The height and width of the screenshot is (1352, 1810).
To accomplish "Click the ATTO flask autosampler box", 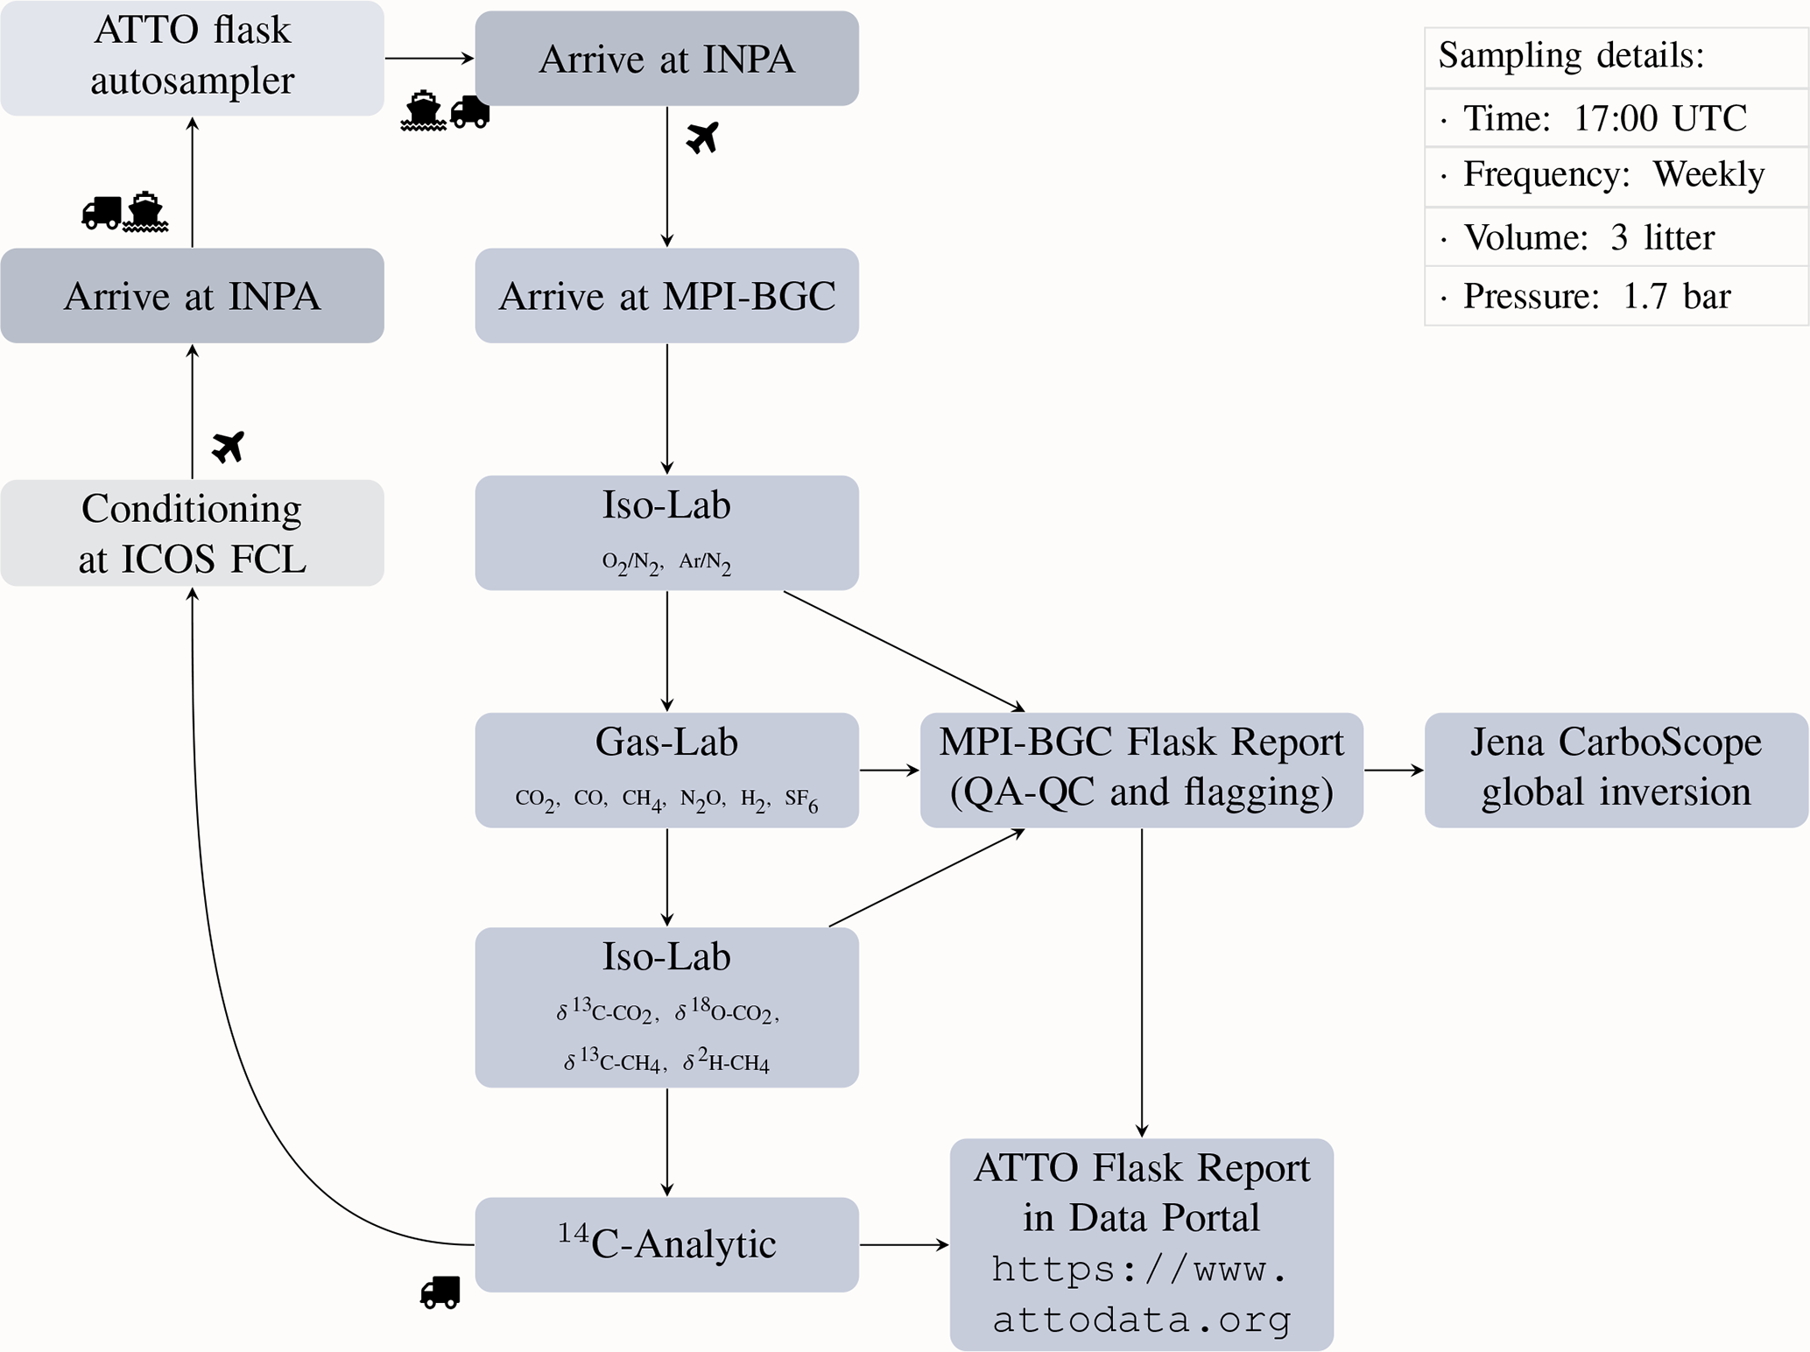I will tap(192, 58).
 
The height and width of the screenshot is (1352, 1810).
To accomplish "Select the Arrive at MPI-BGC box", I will tap(666, 296).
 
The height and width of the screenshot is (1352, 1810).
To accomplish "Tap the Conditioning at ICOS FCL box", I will tap(192, 533).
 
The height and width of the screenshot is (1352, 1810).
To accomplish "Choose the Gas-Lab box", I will tap(666, 770).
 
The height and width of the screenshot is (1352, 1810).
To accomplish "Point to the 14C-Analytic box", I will tap(666, 1244).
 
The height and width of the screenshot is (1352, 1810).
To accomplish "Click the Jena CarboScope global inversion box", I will tap(1616, 770).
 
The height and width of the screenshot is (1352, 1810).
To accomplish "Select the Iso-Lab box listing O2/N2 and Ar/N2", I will tap(666, 532).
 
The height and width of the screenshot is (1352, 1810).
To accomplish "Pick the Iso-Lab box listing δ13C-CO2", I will tap(666, 1007).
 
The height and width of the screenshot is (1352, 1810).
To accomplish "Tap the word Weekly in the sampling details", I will tap(1708, 174).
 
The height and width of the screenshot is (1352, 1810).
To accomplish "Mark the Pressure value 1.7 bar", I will tap(1676, 297).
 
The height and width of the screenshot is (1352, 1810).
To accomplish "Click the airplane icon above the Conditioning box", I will tap(229, 447).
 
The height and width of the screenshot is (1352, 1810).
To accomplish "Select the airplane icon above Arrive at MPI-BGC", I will tap(702, 137).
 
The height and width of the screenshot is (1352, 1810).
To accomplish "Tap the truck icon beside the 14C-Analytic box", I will tap(440, 1292).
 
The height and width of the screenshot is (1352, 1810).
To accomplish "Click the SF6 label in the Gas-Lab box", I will tap(801, 799).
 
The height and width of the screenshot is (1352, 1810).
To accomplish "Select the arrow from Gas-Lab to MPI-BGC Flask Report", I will tap(889, 770).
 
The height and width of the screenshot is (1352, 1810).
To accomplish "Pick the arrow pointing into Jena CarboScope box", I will tap(1394, 770).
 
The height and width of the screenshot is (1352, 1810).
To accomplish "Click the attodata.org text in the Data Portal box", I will tap(1141, 1319).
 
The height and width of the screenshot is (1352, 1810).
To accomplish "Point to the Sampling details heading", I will tap(1571, 55).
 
